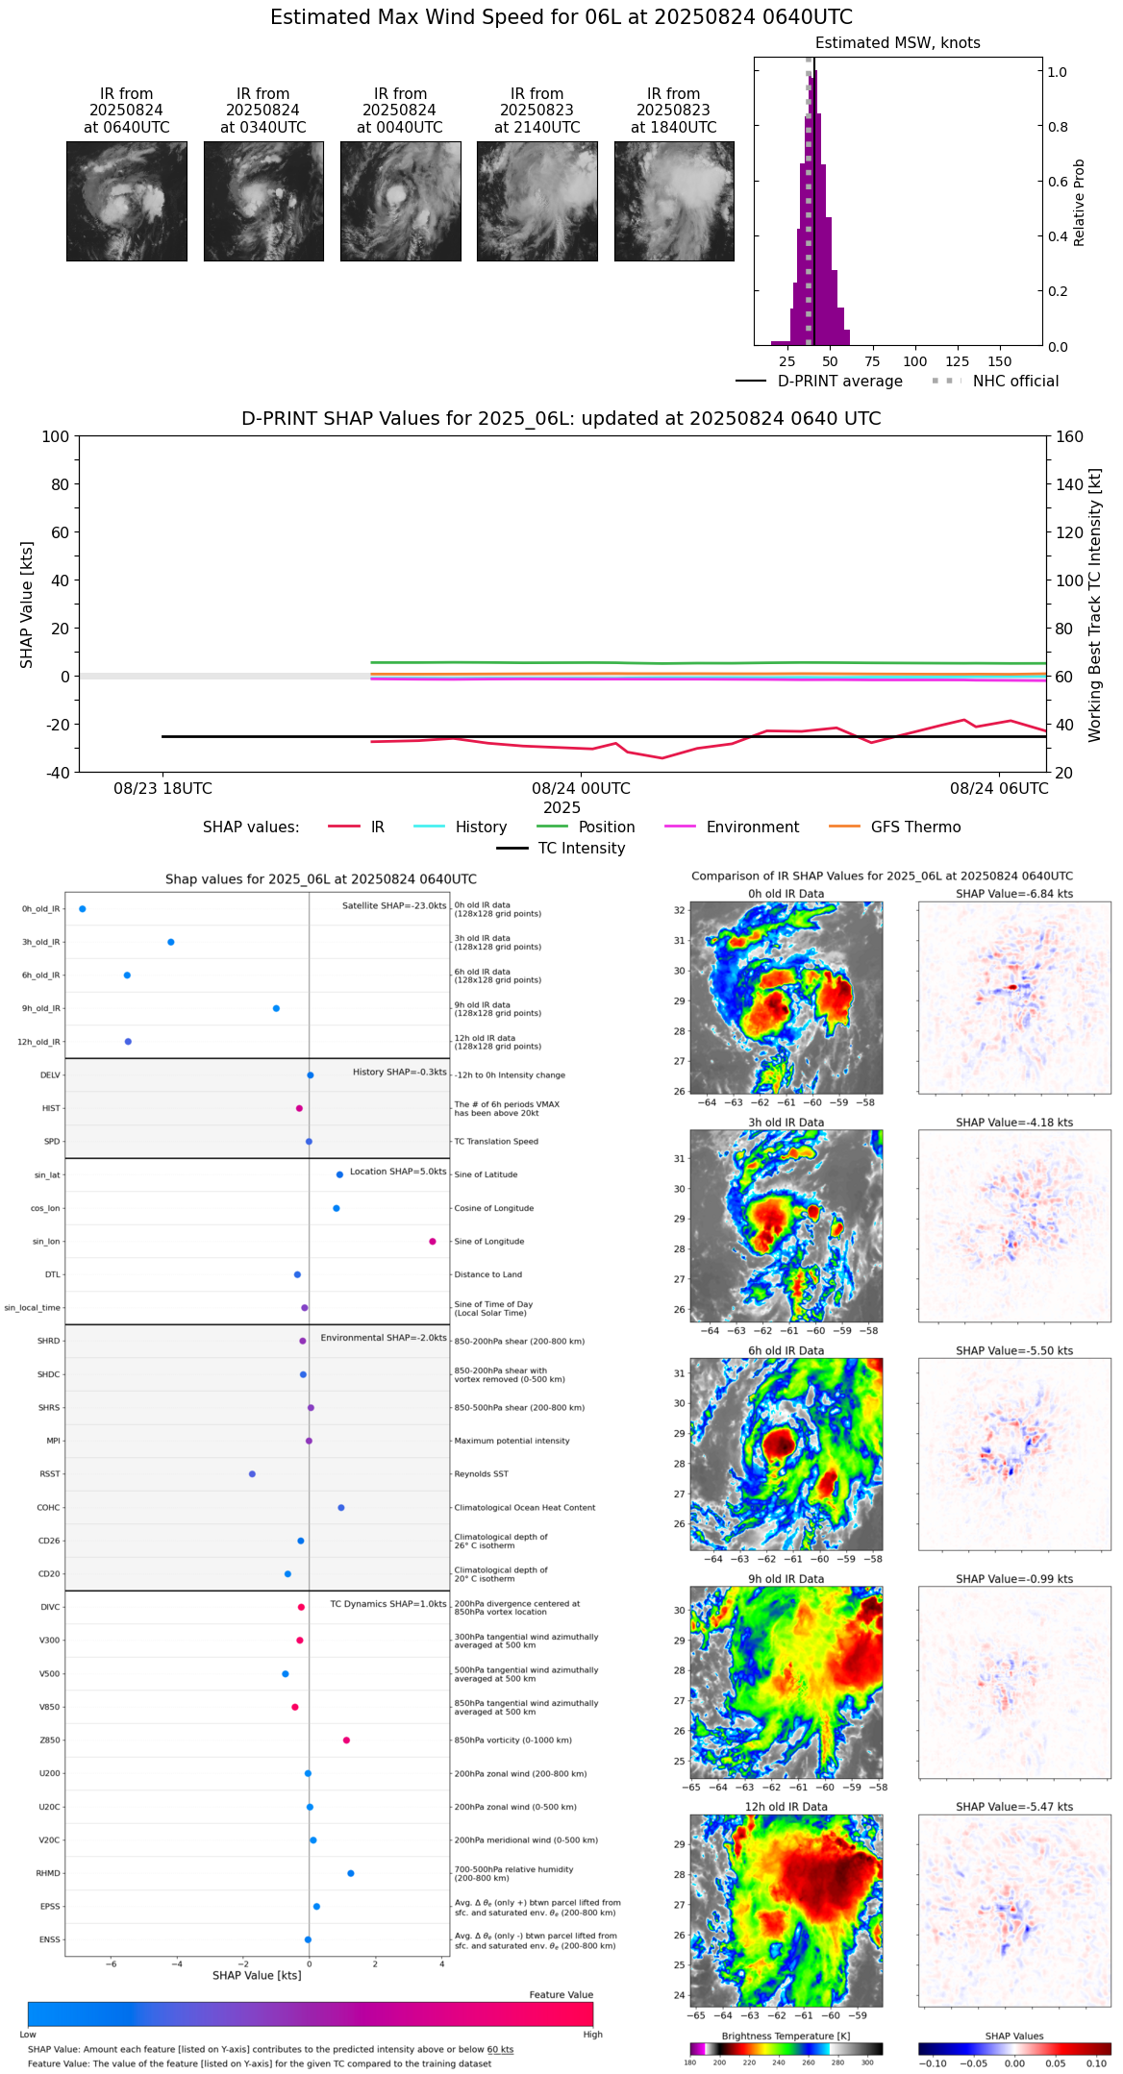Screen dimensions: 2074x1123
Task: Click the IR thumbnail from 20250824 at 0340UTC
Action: [x=263, y=201]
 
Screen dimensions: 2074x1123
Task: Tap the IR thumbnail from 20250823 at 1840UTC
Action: [x=674, y=201]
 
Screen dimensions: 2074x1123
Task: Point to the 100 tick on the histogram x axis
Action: [x=915, y=361]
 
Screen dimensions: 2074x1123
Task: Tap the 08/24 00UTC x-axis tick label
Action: [x=581, y=789]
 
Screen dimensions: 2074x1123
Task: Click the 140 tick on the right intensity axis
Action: [x=1070, y=484]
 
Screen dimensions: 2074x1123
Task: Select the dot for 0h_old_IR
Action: [x=83, y=909]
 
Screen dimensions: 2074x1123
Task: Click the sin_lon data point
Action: [x=433, y=1242]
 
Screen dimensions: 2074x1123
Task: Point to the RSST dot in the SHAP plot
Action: [x=252, y=1474]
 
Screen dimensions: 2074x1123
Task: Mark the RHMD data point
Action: [x=351, y=1873]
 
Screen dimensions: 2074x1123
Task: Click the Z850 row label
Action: [x=49, y=1741]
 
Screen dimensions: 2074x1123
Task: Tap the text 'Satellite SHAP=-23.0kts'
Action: [x=394, y=906]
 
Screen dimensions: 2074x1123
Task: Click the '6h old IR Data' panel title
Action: [x=786, y=1350]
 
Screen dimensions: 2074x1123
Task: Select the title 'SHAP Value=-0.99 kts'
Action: [x=1014, y=1579]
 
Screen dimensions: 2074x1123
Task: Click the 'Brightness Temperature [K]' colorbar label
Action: [x=786, y=2036]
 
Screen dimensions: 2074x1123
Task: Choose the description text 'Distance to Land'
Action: [x=488, y=1275]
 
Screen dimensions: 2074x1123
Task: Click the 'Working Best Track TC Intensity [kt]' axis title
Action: [x=1095, y=605]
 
